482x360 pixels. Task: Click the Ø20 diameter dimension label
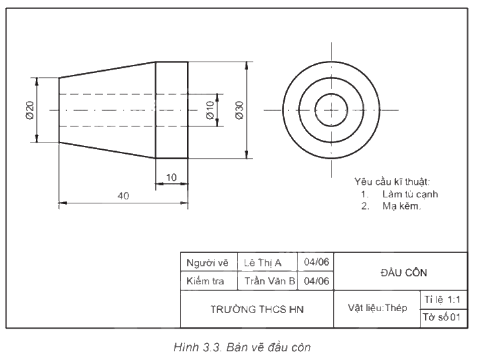click(x=30, y=110)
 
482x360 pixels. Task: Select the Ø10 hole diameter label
click(x=210, y=110)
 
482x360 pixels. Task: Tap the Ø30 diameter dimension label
click(x=239, y=110)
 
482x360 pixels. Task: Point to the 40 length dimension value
click(x=123, y=196)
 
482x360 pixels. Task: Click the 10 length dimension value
click(x=171, y=177)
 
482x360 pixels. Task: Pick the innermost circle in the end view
click(x=331, y=94)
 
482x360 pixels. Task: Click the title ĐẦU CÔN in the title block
click(x=404, y=272)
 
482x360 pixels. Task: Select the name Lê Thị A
click(x=263, y=263)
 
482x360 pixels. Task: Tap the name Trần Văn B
click(x=269, y=281)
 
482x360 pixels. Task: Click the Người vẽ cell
click(x=209, y=262)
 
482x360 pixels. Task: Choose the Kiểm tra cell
click(x=209, y=280)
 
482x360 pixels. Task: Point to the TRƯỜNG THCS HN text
click(x=257, y=309)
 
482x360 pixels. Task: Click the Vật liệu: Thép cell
click(x=377, y=308)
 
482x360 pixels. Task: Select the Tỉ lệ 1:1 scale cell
click(x=444, y=300)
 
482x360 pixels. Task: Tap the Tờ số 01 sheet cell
click(x=444, y=318)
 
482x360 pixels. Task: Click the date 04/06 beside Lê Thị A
click(x=316, y=262)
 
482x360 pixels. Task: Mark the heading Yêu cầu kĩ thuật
click(x=392, y=182)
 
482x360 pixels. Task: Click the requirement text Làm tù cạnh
click(x=410, y=194)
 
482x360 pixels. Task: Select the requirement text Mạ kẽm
click(x=402, y=206)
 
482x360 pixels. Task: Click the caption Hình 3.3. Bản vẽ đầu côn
click(x=242, y=347)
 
